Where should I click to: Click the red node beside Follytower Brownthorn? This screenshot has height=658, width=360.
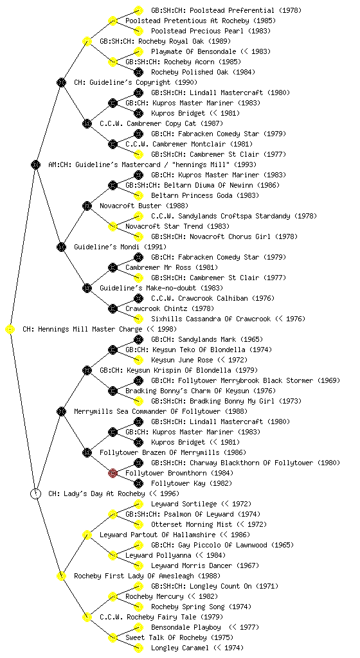tap(113, 474)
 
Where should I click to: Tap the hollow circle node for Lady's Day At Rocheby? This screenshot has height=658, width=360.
tap(36, 494)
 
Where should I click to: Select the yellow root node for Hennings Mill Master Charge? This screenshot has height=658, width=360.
tap(10, 330)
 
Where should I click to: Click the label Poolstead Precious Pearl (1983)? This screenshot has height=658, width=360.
tap(211, 31)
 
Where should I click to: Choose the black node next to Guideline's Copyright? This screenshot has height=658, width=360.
tap(62, 82)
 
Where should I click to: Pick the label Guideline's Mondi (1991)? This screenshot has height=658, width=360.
tap(120, 247)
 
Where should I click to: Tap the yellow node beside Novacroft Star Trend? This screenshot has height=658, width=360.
tap(113, 227)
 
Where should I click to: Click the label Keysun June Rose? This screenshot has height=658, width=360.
tap(182, 360)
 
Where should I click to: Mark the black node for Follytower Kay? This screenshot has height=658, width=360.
tap(138, 483)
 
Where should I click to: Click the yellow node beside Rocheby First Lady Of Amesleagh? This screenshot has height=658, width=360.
tap(62, 576)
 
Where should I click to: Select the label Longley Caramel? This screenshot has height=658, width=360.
tap(179, 648)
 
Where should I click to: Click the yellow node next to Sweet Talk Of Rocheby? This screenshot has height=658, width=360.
tap(113, 638)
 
